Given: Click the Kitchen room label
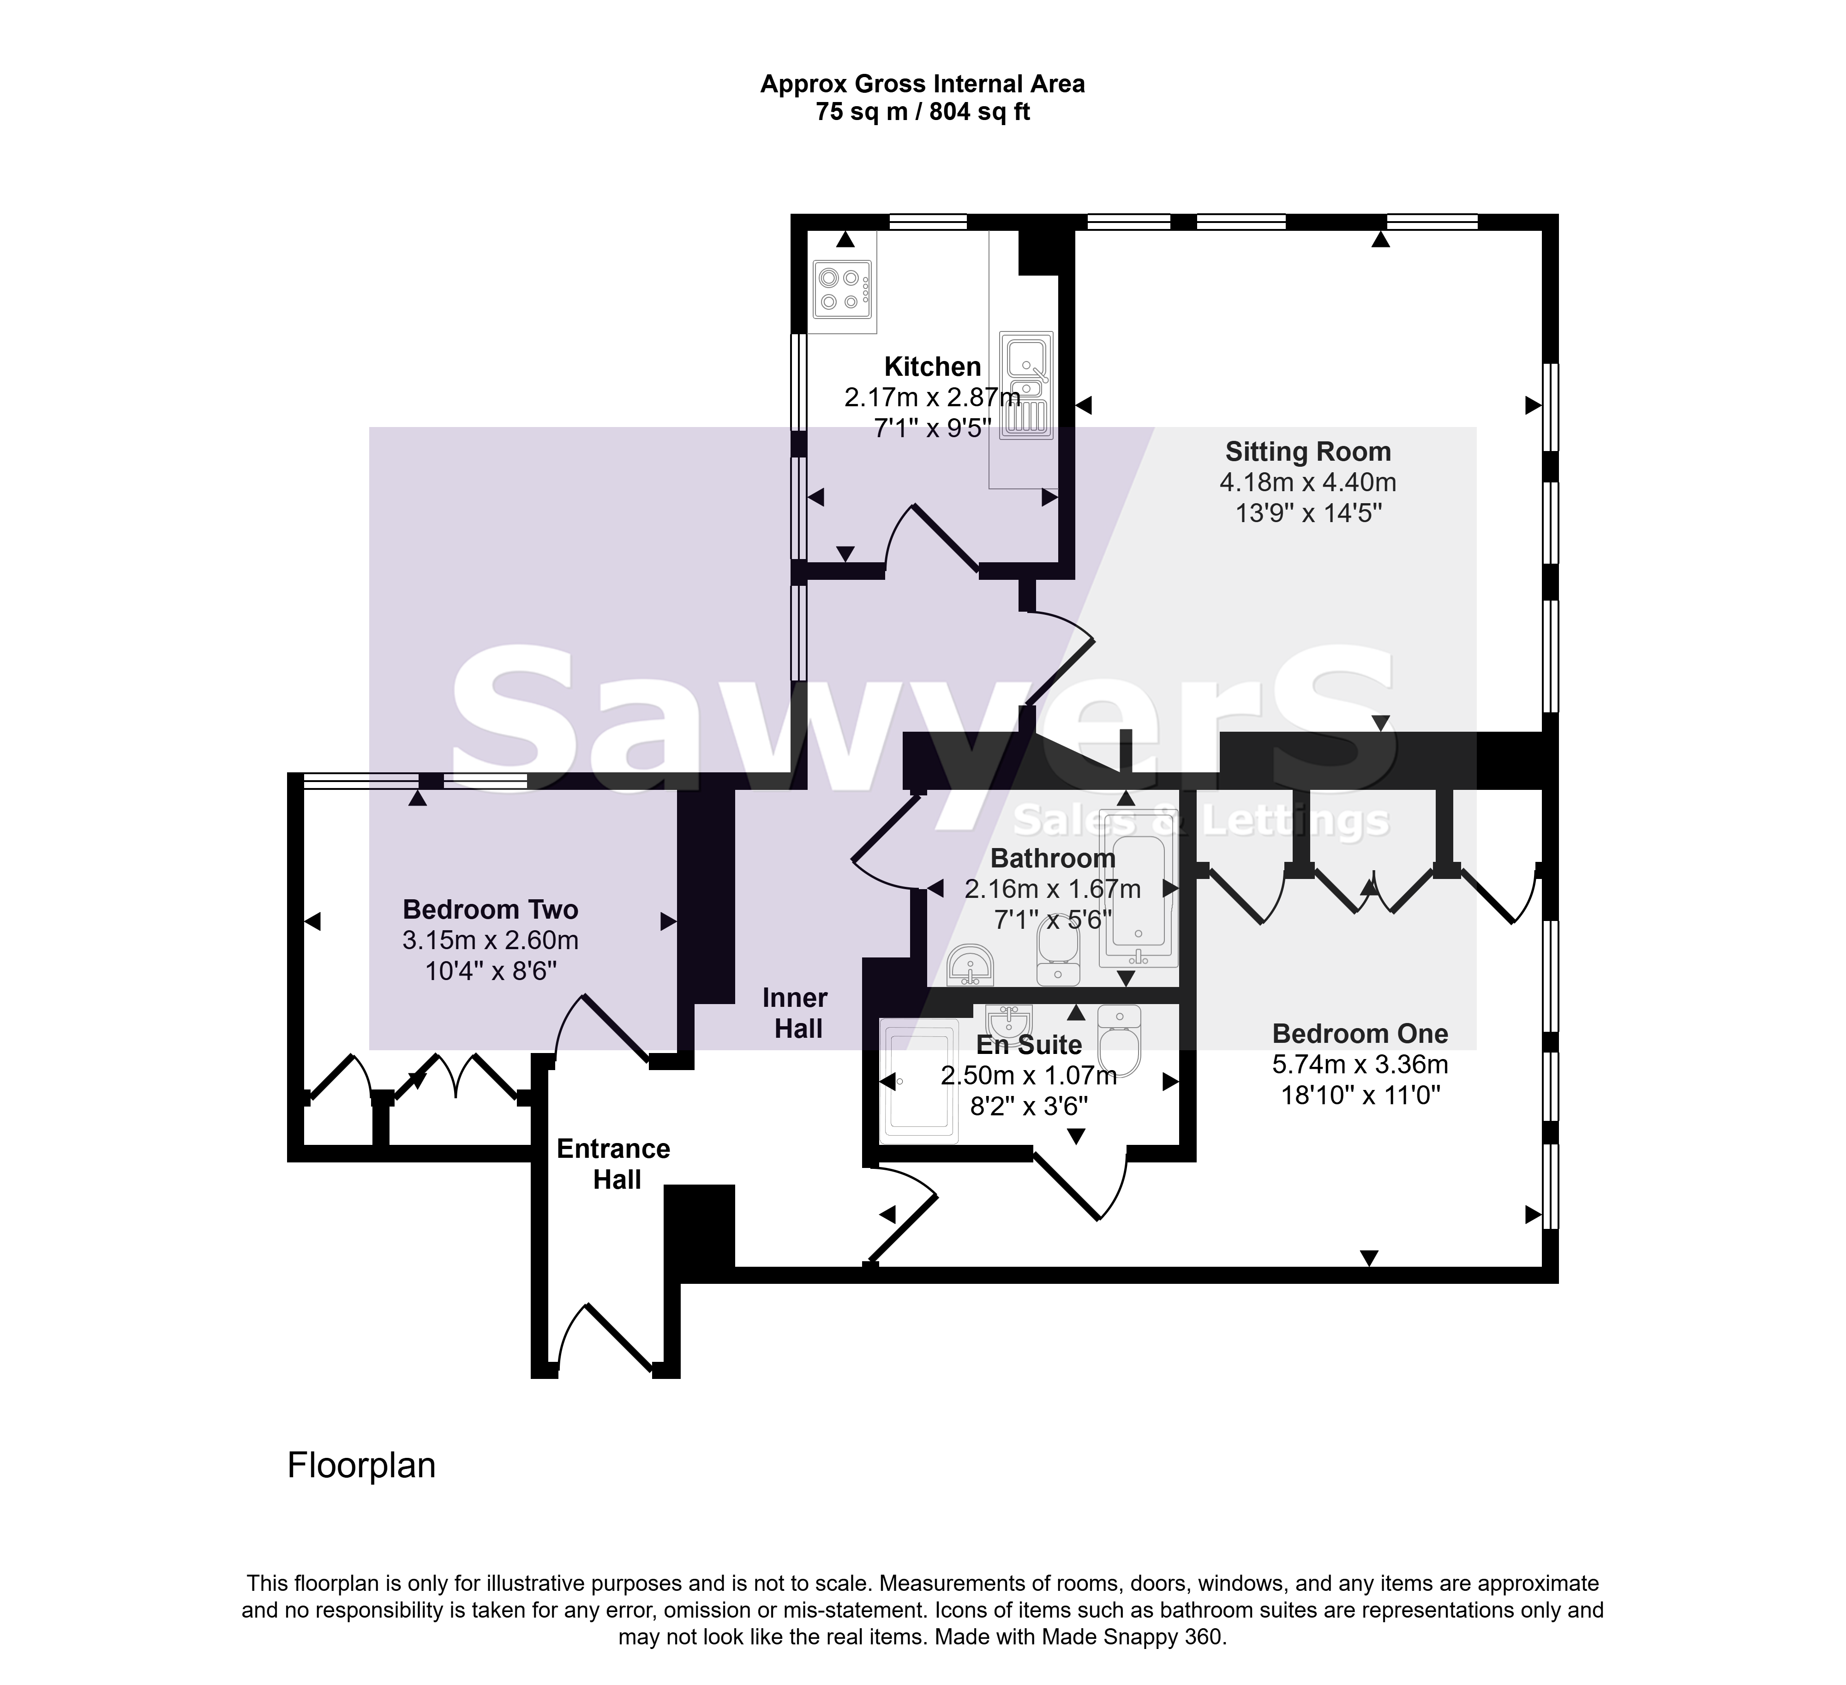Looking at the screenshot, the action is pyautogui.click(x=932, y=367).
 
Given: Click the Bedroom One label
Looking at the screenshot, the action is pyautogui.click(x=1360, y=1034).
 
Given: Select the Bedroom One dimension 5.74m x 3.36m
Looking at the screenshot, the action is pyautogui.click(x=1360, y=1064).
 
